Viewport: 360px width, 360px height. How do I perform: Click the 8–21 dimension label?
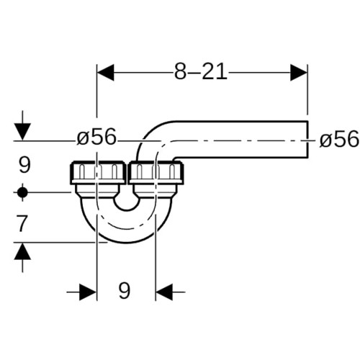pyautogui.click(x=201, y=72)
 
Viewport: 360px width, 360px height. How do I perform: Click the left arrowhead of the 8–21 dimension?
pyautogui.click(x=105, y=72)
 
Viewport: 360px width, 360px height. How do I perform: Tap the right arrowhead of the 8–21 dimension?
pyautogui.click(x=299, y=72)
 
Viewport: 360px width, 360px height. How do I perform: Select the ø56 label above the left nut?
pyautogui.click(x=96, y=137)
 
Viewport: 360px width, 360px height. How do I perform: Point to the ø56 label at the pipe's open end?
pyautogui.click(x=339, y=140)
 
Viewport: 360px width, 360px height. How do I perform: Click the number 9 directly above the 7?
pyautogui.click(x=24, y=165)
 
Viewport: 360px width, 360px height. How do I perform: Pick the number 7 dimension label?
pyautogui.click(x=22, y=223)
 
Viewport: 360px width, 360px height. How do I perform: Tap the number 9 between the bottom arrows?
pyautogui.click(x=125, y=290)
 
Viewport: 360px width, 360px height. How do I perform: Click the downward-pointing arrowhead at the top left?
pyautogui.click(x=22, y=132)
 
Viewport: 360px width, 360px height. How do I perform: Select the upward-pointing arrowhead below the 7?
pyautogui.click(x=22, y=251)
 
